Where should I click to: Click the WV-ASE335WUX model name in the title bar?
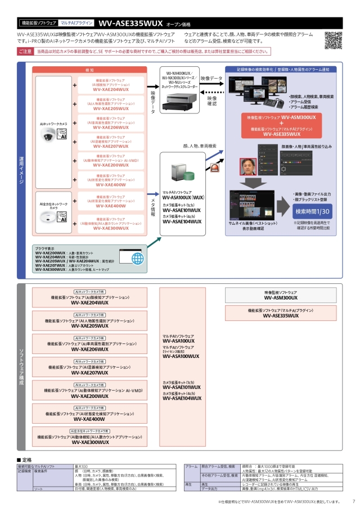click(130, 24)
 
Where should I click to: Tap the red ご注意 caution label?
click(25, 51)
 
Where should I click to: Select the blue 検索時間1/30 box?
click(309, 212)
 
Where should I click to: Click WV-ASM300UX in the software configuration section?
click(281, 297)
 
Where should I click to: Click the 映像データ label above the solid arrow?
click(211, 79)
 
